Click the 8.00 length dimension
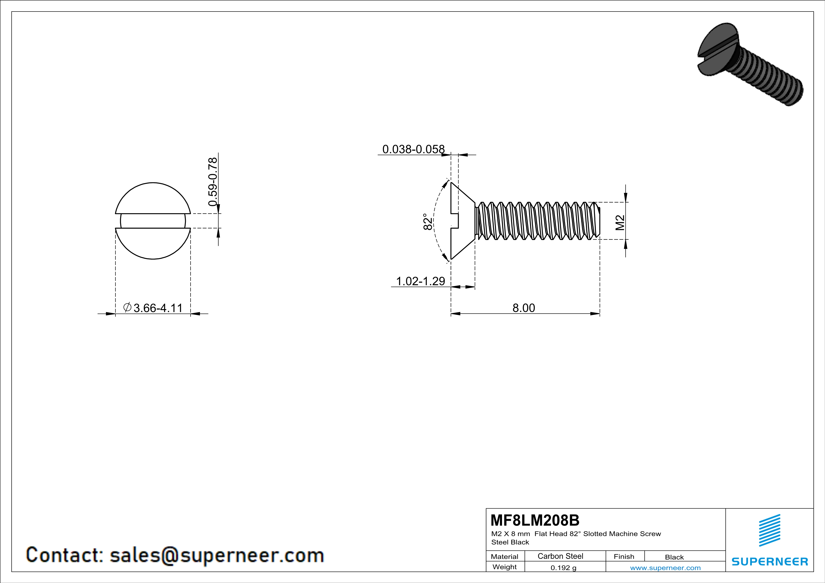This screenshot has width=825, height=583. point(523,308)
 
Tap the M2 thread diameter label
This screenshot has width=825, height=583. point(620,223)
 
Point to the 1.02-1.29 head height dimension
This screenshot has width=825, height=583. point(420,281)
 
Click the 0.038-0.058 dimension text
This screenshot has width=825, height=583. point(413,149)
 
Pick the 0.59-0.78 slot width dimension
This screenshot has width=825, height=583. point(213,182)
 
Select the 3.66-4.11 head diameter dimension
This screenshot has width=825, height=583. point(158,308)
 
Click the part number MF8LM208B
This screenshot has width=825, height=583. point(535,520)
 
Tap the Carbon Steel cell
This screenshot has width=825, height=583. point(560,556)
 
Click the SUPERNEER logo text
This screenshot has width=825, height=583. point(770,561)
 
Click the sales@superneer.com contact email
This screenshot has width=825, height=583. point(217,555)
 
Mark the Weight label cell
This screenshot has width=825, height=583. point(505,567)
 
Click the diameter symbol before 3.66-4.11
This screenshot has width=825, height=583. point(127,307)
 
